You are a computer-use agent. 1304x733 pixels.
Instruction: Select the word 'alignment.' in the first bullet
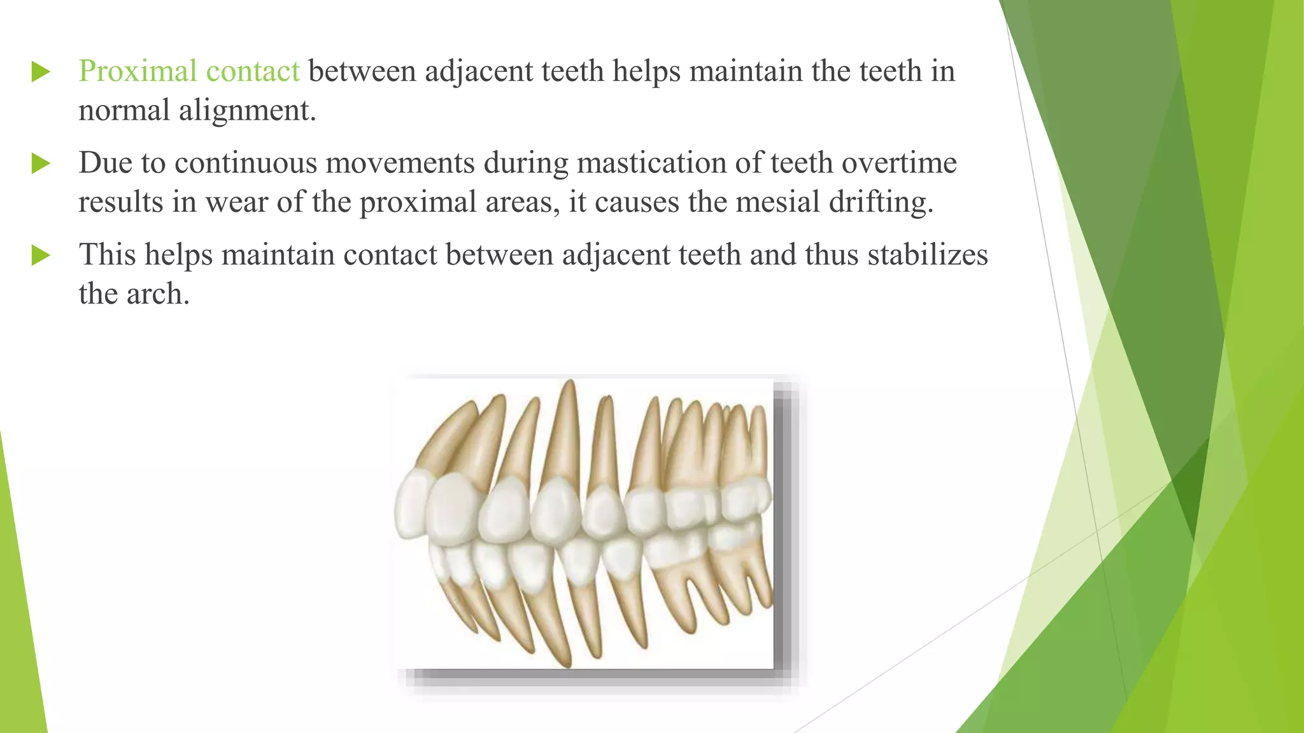pos(247,111)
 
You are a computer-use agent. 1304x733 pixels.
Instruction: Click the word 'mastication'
pos(652,164)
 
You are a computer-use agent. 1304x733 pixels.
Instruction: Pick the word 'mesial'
pos(777,202)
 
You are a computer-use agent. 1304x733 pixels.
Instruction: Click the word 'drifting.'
pos(881,202)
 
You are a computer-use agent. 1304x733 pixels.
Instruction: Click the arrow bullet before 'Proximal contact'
pos(41,72)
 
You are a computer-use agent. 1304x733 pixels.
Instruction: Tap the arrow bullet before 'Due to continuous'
pos(41,164)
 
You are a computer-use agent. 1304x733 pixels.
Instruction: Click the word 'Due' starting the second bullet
pos(105,163)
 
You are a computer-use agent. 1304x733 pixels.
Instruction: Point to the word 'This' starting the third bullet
pos(108,255)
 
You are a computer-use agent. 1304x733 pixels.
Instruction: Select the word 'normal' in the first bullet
pos(124,111)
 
